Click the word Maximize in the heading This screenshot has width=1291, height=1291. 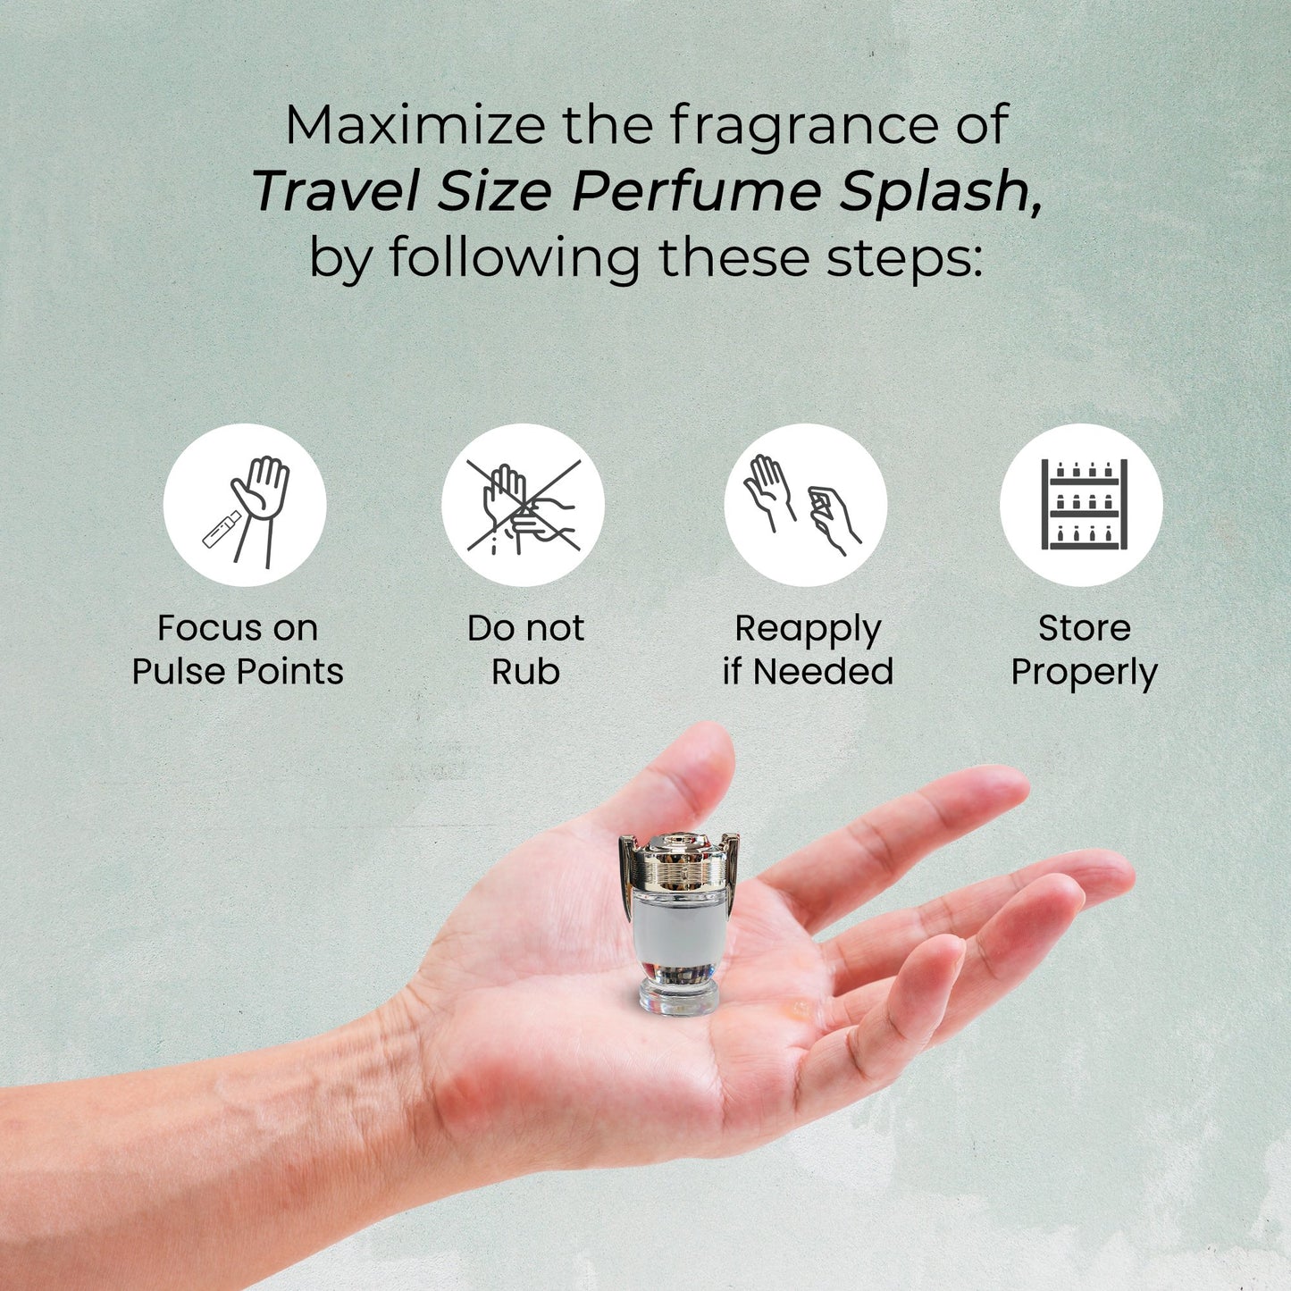415,125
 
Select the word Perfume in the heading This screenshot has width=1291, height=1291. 697,191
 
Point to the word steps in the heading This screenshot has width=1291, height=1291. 904,258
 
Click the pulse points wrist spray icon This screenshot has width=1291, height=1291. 245,505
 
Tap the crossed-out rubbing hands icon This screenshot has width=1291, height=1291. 524,505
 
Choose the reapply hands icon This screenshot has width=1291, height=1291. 805,505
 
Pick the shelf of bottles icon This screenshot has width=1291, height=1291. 1081,505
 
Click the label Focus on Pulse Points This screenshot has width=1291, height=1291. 238,650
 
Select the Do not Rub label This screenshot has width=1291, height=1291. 525,650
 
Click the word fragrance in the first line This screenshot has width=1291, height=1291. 805,126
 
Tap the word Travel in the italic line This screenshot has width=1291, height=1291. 336,192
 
